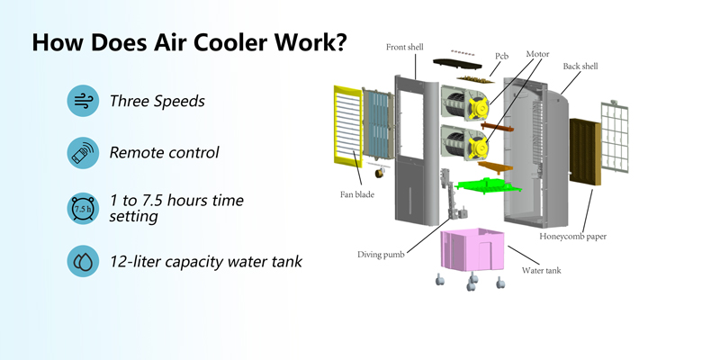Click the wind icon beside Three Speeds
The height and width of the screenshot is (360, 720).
83,101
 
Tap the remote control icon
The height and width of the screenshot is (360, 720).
83,152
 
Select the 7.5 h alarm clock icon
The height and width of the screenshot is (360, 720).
83,209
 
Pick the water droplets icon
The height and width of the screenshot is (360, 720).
83,261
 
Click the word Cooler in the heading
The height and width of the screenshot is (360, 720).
230,42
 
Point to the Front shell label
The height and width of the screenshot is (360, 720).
404,47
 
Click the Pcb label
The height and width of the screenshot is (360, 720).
501,56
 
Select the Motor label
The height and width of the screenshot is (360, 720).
537,54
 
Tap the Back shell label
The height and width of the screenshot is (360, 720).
580,67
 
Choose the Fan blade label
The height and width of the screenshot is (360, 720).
356,194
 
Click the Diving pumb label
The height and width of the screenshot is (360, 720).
381,255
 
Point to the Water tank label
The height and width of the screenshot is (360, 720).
541,271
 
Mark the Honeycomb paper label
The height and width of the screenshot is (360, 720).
572,237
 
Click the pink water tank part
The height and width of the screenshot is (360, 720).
472,249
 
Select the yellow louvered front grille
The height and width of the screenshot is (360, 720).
347,124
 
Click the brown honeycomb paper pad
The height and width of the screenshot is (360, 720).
585,151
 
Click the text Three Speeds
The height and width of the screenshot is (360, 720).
157,101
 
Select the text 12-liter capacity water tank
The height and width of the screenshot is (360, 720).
206,261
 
